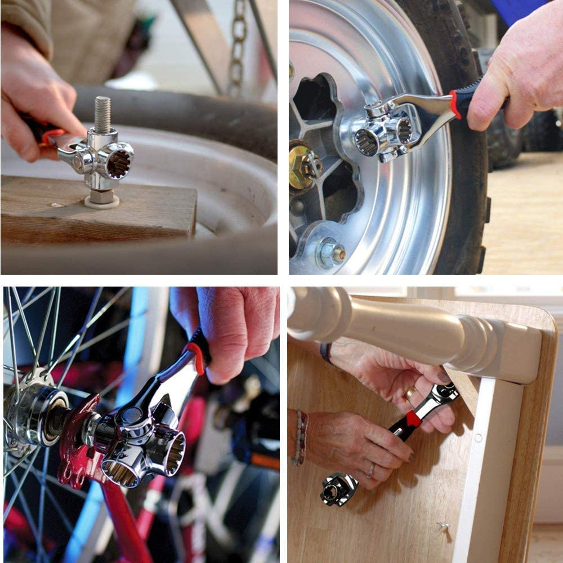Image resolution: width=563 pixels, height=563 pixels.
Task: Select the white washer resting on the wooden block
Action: [102, 202]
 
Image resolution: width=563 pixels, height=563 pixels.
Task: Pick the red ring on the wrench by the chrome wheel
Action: [454, 104]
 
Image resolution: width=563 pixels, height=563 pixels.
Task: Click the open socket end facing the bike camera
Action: [169, 450]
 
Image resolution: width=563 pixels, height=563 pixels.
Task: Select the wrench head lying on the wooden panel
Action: [338, 488]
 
